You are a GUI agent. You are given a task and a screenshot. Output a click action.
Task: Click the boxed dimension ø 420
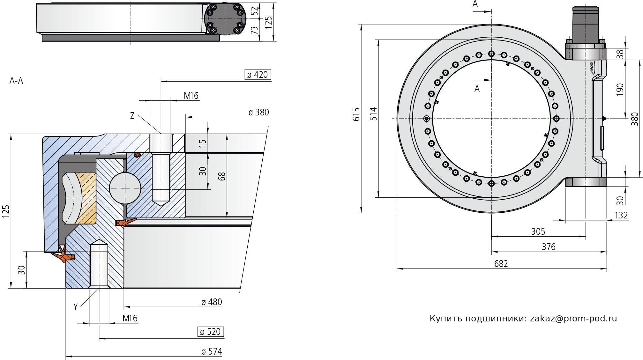point(258,75)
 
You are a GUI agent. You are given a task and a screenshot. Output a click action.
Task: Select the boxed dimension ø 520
point(211,332)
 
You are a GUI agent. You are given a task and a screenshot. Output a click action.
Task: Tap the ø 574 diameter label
point(212,351)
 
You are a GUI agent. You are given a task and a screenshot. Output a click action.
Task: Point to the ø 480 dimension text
point(212,302)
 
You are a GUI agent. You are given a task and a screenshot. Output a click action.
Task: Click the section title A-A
point(16,81)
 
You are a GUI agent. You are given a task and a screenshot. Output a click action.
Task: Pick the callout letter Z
point(132,116)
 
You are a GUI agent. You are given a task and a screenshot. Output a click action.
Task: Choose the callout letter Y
point(76,307)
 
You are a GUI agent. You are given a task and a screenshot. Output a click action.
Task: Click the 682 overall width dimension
point(501,264)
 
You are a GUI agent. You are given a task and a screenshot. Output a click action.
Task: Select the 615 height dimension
point(356,114)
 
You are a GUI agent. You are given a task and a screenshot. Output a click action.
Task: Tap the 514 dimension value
point(373,114)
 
